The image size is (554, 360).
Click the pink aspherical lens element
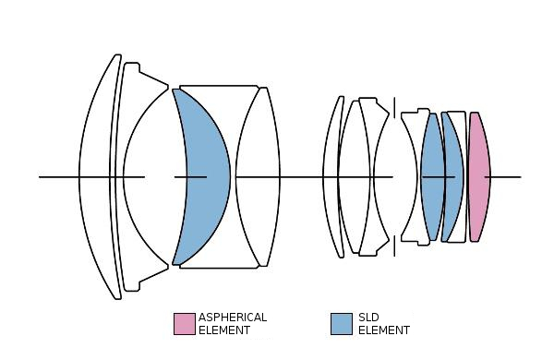(x=479, y=176)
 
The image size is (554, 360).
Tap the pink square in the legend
(x=184, y=324)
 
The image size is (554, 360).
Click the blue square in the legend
(x=342, y=324)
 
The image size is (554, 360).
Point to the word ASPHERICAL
(x=233, y=318)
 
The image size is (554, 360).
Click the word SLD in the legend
(x=368, y=318)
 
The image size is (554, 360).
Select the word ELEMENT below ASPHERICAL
(x=224, y=330)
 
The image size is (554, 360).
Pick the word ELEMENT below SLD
(x=384, y=330)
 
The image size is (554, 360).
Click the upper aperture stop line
(x=394, y=108)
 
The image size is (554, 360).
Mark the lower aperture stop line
(x=394, y=246)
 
